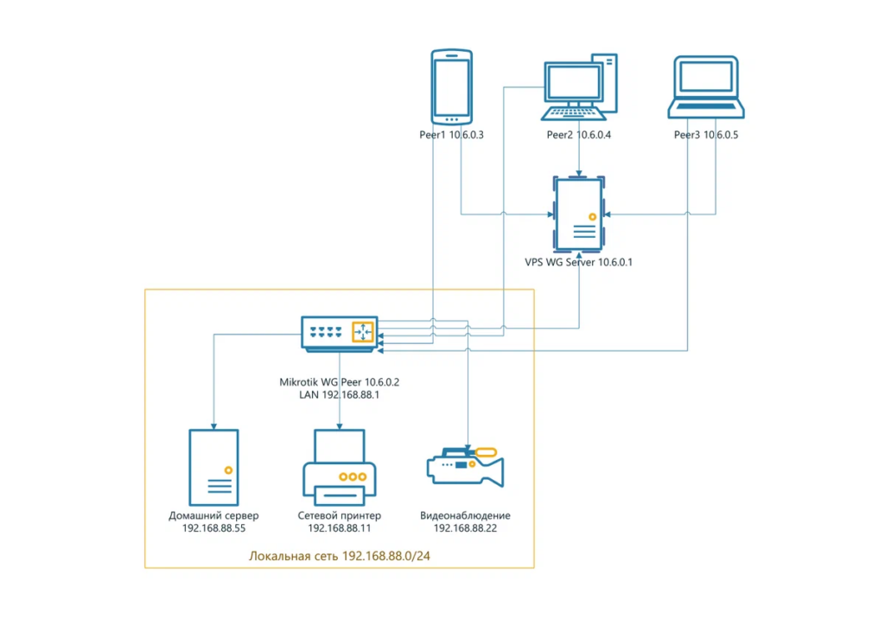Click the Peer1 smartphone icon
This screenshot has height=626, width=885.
pyautogui.click(x=451, y=86)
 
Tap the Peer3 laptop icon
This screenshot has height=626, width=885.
pyautogui.click(x=705, y=87)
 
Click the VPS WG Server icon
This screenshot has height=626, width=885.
pyautogui.click(x=579, y=214)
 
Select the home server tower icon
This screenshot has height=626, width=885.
pyautogui.click(x=213, y=467)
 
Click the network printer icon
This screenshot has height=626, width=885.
pyautogui.click(x=339, y=470)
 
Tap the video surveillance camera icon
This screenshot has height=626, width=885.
pyautogui.click(x=466, y=468)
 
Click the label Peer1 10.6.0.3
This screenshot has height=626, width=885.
pyautogui.click(x=450, y=135)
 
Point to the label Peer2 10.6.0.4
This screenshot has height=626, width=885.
pyautogui.click(x=578, y=135)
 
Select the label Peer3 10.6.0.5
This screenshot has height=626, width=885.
pyautogui.click(x=706, y=135)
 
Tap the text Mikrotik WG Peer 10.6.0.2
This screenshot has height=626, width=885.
pyautogui.click(x=340, y=381)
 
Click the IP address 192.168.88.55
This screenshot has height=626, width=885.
pyautogui.click(x=213, y=528)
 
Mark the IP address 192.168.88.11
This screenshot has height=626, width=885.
pyautogui.click(x=340, y=528)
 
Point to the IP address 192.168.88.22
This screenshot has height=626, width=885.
pyautogui.click(x=465, y=528)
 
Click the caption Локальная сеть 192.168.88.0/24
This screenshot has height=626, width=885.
pyautogui.click(x=340, y=555)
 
